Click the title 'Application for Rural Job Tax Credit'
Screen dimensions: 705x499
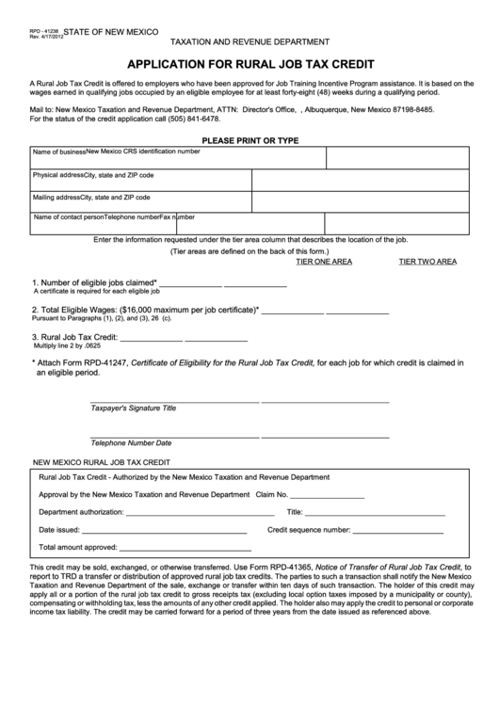pos(249,65)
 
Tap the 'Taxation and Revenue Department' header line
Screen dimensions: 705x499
pos(249,42)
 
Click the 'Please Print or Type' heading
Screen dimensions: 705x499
pos(249,139)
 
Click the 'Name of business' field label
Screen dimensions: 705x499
pos(58,152)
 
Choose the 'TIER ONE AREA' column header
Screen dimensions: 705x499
pos(324,262)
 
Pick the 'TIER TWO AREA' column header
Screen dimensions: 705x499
pos(427,262)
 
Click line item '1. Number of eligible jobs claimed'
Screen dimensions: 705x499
pos(94,282)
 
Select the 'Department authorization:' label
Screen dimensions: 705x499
pos(81,512)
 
